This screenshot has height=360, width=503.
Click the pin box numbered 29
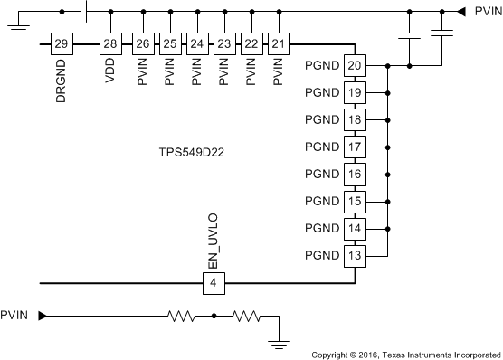pos(62,43)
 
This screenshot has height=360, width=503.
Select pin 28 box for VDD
pos(110,43)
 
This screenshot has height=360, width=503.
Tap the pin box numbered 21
pos(279,43)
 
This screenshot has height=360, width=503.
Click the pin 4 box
pos(213,284)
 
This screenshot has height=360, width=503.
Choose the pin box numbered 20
pos(355,66)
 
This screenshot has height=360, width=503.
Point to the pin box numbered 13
pos(355,256)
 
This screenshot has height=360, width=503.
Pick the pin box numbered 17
pos(355,147)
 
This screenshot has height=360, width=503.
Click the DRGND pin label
pos(62,79)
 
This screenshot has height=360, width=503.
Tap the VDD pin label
pos(110,71)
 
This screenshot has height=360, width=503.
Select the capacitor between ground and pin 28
pos(83,12)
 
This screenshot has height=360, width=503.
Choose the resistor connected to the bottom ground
pos(246,317)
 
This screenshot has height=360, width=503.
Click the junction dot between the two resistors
pos(213,317)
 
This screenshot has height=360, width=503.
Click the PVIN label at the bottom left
pos(15,316)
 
